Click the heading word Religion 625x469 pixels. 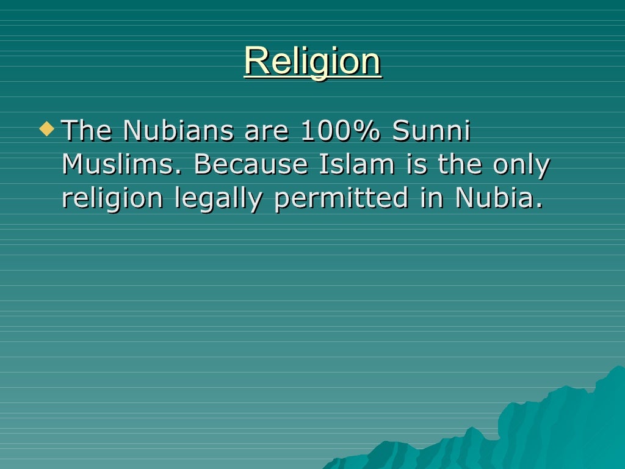coord(312,61)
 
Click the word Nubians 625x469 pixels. coord(177,131)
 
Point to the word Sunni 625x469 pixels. coord(432,131)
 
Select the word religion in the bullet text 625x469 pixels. coord(112,199)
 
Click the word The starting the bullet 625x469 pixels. coord(88,131)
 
